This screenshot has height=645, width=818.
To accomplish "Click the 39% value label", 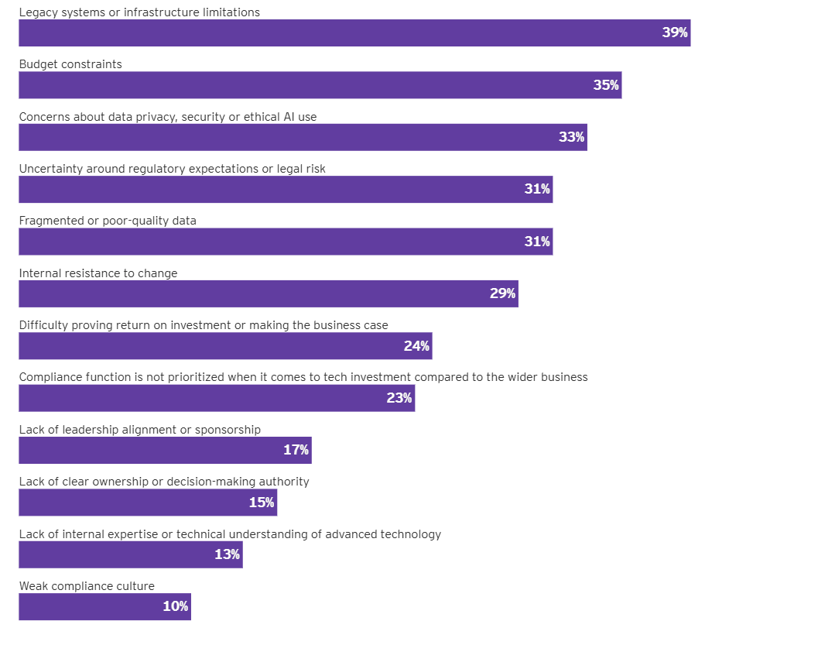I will coord(675,33).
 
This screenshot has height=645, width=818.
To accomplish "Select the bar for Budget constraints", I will coord(310,85).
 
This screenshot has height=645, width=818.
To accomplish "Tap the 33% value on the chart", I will coord(571,137).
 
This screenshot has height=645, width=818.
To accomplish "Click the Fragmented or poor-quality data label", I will coord(108,221).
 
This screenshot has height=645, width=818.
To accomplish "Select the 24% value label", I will coord(416,346).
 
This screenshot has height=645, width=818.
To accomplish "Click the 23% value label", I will coord(399,398).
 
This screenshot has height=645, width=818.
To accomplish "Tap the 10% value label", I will coord(175,606).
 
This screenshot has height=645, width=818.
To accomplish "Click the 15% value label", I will coord(262,503).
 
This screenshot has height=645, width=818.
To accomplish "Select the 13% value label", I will coord(227,554).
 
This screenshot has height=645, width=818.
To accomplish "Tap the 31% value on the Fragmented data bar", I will coord(537,242).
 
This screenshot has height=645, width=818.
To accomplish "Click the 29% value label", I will coord(502,293).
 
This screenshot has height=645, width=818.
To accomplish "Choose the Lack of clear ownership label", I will coord(164,482).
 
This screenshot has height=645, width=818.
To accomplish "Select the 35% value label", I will coord(606,85).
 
